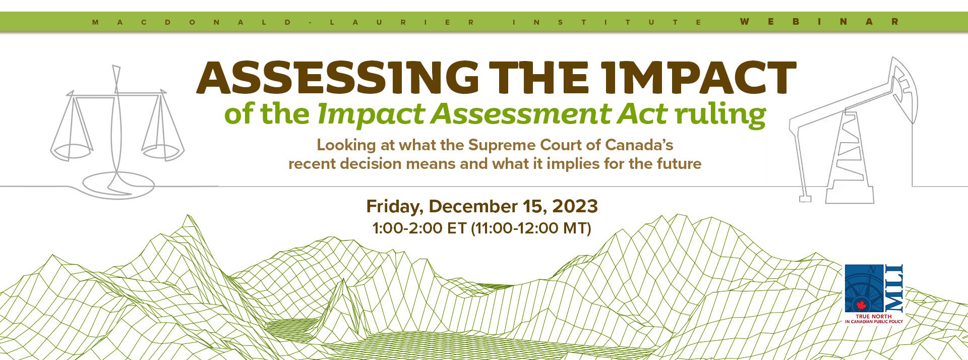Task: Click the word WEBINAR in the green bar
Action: (x=819, y=22)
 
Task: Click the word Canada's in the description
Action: (x=639, y=145)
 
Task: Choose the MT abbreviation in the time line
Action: (x=575, y=228)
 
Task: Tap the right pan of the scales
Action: (x=163, y=151)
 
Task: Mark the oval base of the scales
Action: (x=118, y=185)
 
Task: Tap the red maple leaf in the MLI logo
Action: (x=861, y=306)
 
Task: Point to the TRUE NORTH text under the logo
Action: (x=874, y=316)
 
